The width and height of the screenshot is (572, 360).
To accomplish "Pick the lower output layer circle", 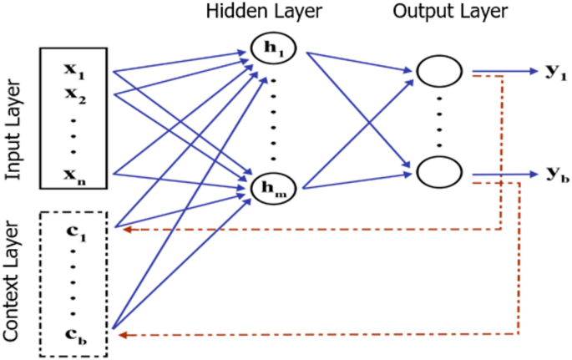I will [x=439, y=174].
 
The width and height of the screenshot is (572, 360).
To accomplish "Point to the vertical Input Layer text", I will [x=13, y=129].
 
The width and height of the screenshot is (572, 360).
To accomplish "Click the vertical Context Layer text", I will [x=13, y=280].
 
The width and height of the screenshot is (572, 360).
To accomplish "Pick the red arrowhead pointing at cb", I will [x=124, y=334].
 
